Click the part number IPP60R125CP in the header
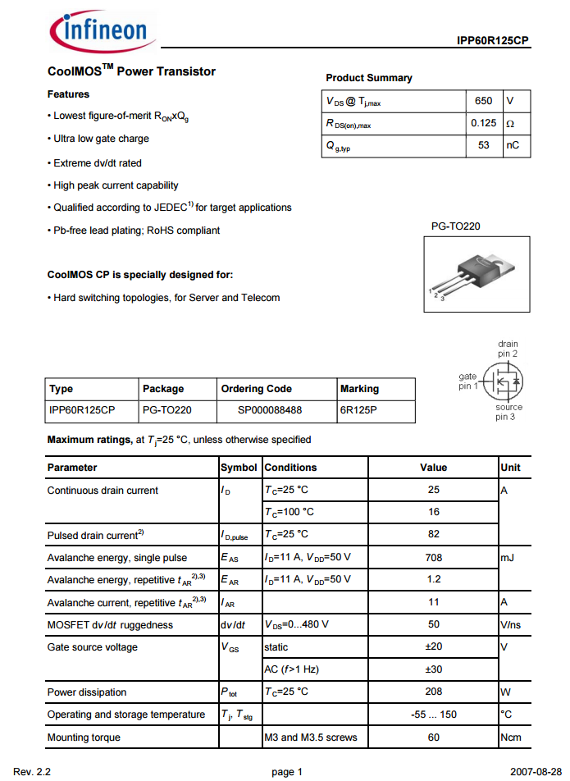tap(493, 40)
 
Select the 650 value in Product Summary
tap(484, 101)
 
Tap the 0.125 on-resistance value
tap(484, 123)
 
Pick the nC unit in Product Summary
tap(513, 145)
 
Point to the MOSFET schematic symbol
tap(502, 380)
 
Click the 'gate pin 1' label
tap(467, 381)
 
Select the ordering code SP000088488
tap(270, 409)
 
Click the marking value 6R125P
tap(359, 409)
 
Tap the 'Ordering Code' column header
tap(256, 389)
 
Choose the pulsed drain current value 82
tap(434, 534)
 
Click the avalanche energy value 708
tap(434, 557)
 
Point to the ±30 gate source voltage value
tap(434, 669)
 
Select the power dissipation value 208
tap(434, 692)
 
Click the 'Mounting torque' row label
tap(84, 738)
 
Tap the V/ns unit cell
tap(512, 624)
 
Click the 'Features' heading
tap(68, 94)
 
